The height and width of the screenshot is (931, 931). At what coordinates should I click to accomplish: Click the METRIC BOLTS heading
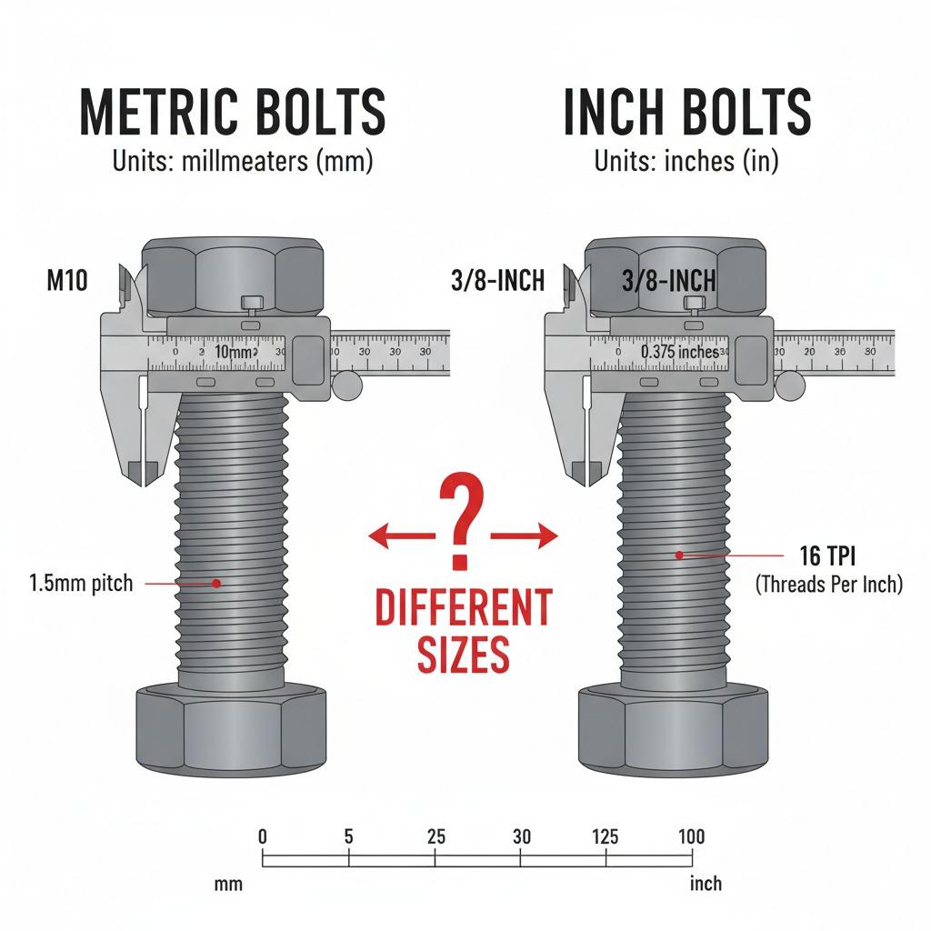point(233,112)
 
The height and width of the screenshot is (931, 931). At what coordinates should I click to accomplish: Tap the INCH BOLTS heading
point(687,112)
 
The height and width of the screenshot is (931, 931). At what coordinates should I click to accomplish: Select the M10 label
point(67,280)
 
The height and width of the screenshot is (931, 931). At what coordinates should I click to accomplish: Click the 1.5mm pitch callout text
point(81,583)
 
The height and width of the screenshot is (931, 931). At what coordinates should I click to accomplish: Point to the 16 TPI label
point(827,556)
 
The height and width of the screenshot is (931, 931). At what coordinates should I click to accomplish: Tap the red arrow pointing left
point(402,536)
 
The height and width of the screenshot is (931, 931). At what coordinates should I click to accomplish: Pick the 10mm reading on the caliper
point(234,352)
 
